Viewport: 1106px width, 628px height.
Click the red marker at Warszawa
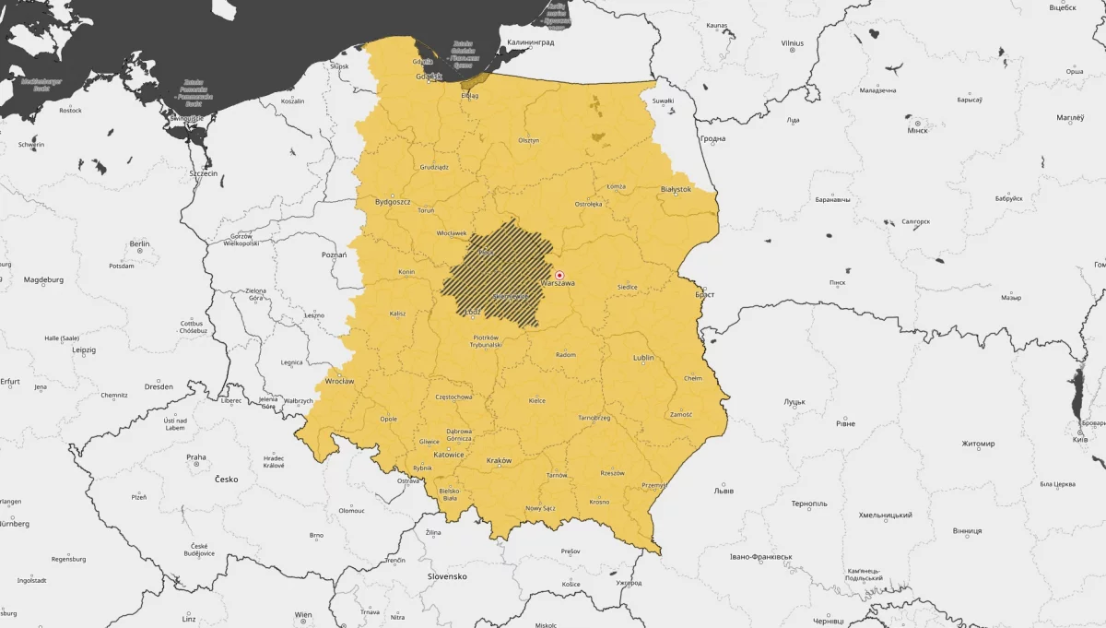[x=559, y=275]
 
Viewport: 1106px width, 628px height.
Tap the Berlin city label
[x=140, y=244]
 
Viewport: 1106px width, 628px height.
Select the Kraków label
[x=499, y=460]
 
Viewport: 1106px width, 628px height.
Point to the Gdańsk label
[x=427, y=76]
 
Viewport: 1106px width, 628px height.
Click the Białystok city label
[x=676, y=189]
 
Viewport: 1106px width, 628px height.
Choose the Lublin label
[x=643, y=358]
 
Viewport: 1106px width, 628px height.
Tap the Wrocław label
[x=339, y=381]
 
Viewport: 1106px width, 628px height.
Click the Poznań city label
[x=334, y=255]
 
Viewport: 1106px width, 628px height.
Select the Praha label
[x=196, y=456]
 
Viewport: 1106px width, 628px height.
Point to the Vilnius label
[x=792, y=43]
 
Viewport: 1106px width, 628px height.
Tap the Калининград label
[x=529, y=42]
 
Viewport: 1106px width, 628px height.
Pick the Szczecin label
[x=203, y=173]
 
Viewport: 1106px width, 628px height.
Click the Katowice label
[x=450, y=455]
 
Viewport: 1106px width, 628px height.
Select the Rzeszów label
[x=612, y=473]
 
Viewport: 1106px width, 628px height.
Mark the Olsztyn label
[x=528, y=140]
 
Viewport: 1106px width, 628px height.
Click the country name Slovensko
[x=447, y=576]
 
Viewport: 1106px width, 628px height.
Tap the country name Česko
[x=226, y=480]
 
